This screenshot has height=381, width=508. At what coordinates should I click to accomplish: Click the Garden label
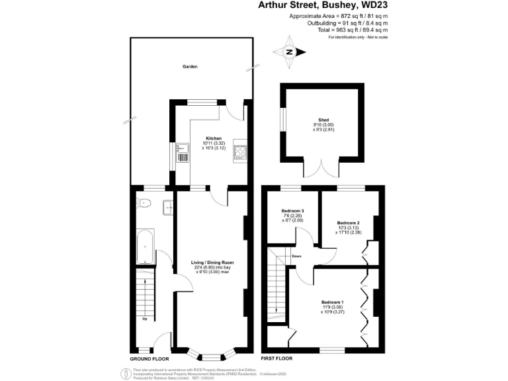pyautogui.click(x=190, y=67)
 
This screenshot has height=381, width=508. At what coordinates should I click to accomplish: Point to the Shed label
pyautogui.click(x=323, y=120)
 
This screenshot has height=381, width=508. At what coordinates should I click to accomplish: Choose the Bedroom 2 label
pyautogui.click(x=347, y=223)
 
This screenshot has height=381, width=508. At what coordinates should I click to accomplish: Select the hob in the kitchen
pyautogui.click(x=239, y=153)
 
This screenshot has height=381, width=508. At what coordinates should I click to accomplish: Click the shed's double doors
pyautogui.click(x=322, y=171)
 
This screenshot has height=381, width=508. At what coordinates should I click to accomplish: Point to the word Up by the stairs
pyautogui.click(x=144, y=319)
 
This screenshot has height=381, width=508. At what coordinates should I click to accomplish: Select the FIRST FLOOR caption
pyautogui.click(x=277, y=357)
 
